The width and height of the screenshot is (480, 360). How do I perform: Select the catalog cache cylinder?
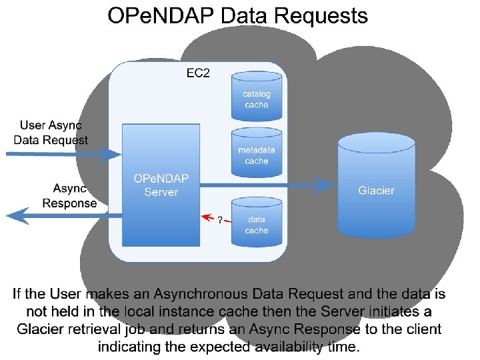coord(257,99)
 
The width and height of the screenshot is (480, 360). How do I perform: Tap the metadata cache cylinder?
coord(257,155)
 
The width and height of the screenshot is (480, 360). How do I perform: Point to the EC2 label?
coord(198,73)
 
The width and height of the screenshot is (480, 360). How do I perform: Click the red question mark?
coord(220,220)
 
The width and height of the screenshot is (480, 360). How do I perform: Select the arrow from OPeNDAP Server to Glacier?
coord(267,185)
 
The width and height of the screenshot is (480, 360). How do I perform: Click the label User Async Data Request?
coord(51,133)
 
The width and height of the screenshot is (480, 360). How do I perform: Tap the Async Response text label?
coord(69,196)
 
